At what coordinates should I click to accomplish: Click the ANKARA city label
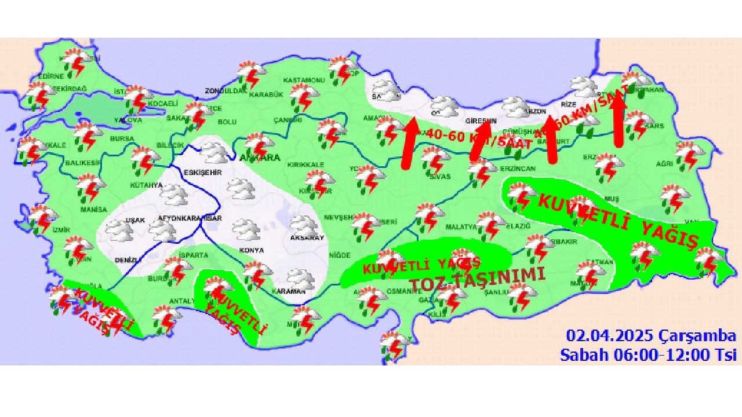(259, 158)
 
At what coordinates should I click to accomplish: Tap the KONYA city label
(252, 251)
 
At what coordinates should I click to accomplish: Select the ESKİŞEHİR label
(199, 173)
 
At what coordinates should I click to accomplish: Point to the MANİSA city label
(94, 209)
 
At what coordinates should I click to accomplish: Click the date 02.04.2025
(610, 336)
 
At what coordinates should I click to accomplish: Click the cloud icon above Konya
(247, 229)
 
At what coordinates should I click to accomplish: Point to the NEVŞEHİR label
(338, 217)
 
